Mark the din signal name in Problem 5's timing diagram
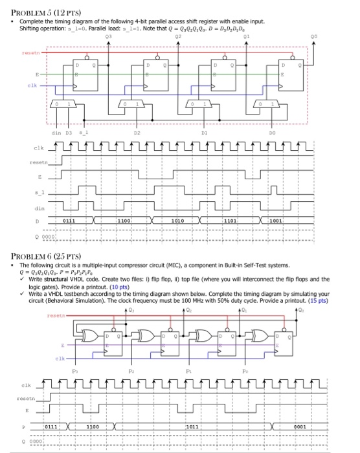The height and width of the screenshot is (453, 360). [39, 208]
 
